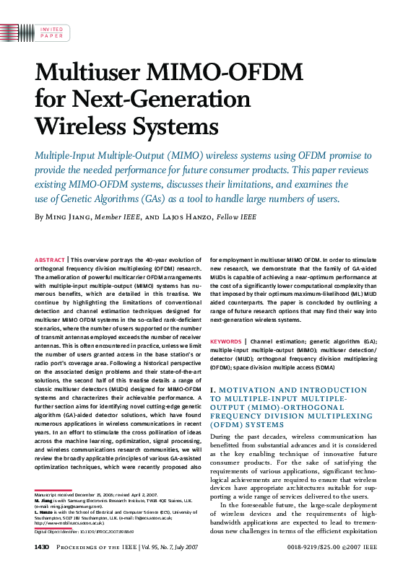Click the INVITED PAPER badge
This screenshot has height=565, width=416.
click(x=51, y=31)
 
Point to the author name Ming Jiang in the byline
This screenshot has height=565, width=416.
click(x=69, y=217)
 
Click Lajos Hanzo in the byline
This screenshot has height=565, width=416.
click(x=189, y=217)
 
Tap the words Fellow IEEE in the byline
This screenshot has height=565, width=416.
click(x=233, y=217)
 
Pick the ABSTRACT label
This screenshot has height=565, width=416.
click(x=50, y=258)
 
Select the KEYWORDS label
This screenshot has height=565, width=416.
click(x=225, y=341)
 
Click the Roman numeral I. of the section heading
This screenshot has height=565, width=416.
click(x=212, y=390)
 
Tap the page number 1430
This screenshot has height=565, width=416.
click(x=41, y=548)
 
